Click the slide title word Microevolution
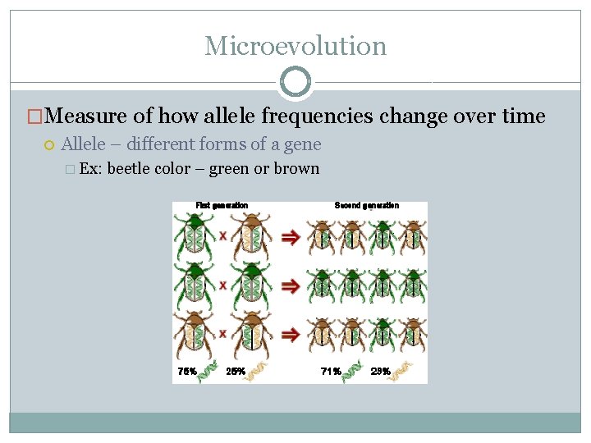(295, 46)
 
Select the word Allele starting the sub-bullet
(84, 144)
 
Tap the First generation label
(222, 205)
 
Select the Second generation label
(367, 205)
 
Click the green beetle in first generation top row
(195, 234)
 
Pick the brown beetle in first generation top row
(250, 234)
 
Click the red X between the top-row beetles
(222, 236)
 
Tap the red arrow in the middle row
(289, 285)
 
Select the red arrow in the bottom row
(289, 335)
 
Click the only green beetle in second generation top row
(383, 235)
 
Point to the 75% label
(187, 371)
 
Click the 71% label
(331, 371)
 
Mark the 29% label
(380, 371)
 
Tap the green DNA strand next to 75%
(207, 371)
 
